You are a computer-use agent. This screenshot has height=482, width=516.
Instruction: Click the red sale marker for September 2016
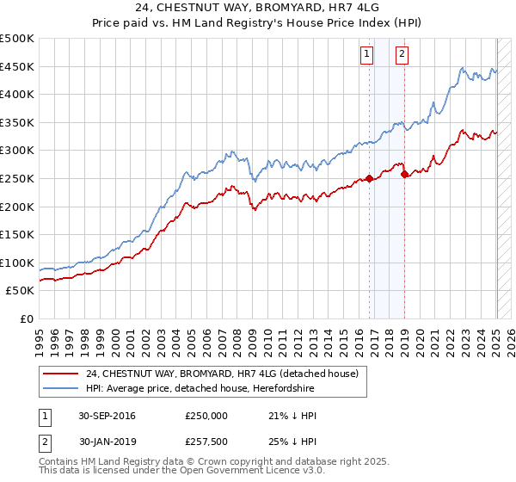(370, 179)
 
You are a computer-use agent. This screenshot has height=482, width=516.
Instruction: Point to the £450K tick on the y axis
(17, 66)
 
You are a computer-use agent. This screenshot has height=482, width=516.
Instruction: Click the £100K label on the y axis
(17, 263)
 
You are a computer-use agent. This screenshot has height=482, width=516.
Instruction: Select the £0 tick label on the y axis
(25, 318)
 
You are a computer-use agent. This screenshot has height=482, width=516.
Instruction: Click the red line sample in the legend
(60, 374)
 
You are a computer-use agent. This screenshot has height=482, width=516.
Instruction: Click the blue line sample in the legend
(60, 389)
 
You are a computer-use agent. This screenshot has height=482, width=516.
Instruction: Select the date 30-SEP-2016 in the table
(107, 417)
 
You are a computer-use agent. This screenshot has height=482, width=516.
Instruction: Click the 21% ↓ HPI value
(292, 417)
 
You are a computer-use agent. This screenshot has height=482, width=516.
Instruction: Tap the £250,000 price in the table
(206, 417)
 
